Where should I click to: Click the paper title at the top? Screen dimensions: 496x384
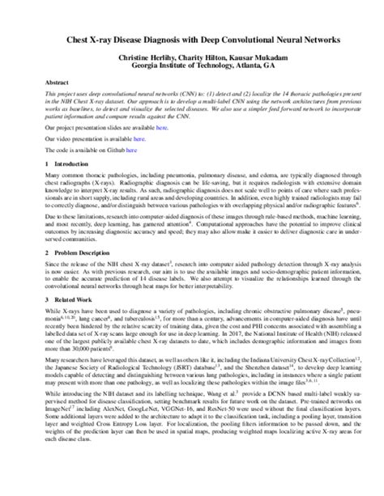193,40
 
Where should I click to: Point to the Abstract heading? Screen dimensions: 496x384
57,83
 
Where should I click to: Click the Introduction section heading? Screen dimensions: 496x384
69,163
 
